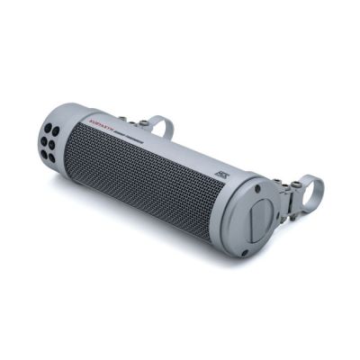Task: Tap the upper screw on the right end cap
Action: pyautogui.click(x=258, y=190)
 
